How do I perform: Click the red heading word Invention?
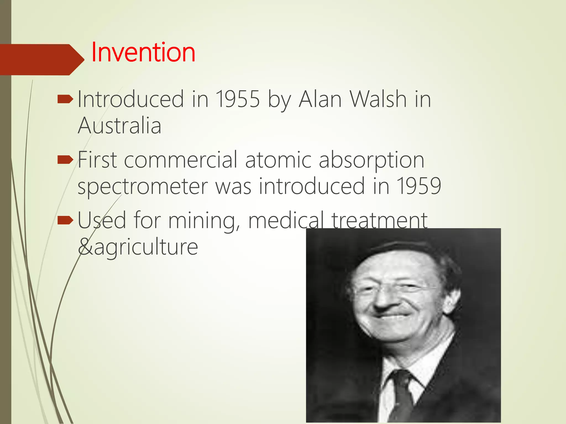[x=143, y=52]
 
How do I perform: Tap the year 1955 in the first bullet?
[x=237, y=99]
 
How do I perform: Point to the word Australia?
[x=119, y=126]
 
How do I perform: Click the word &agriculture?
[x=138, y=247]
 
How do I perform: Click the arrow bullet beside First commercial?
[x=65, y=160]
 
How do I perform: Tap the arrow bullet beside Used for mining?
[x=65, y=220]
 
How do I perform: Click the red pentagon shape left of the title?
[x=39, y=60]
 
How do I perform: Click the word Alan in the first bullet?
[x=320, y=99]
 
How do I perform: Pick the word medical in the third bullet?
[x=286, y=221]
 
